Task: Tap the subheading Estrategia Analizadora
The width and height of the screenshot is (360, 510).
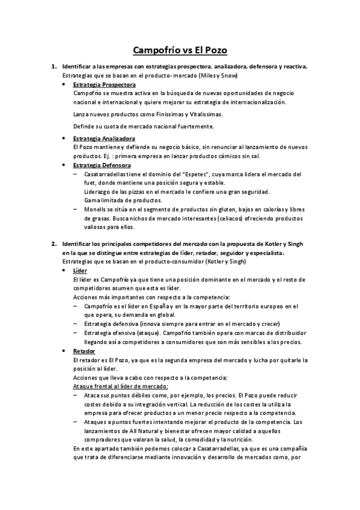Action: tap(104, 138)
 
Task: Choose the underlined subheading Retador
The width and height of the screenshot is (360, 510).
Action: tap(85, 351)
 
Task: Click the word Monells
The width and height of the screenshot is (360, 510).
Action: tap(96, 209)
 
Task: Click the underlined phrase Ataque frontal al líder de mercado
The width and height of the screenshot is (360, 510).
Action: tap(120, 386)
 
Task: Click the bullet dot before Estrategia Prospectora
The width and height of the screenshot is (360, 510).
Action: tap(64, 85)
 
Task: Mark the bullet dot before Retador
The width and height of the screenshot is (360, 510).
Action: tap(64, 351)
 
